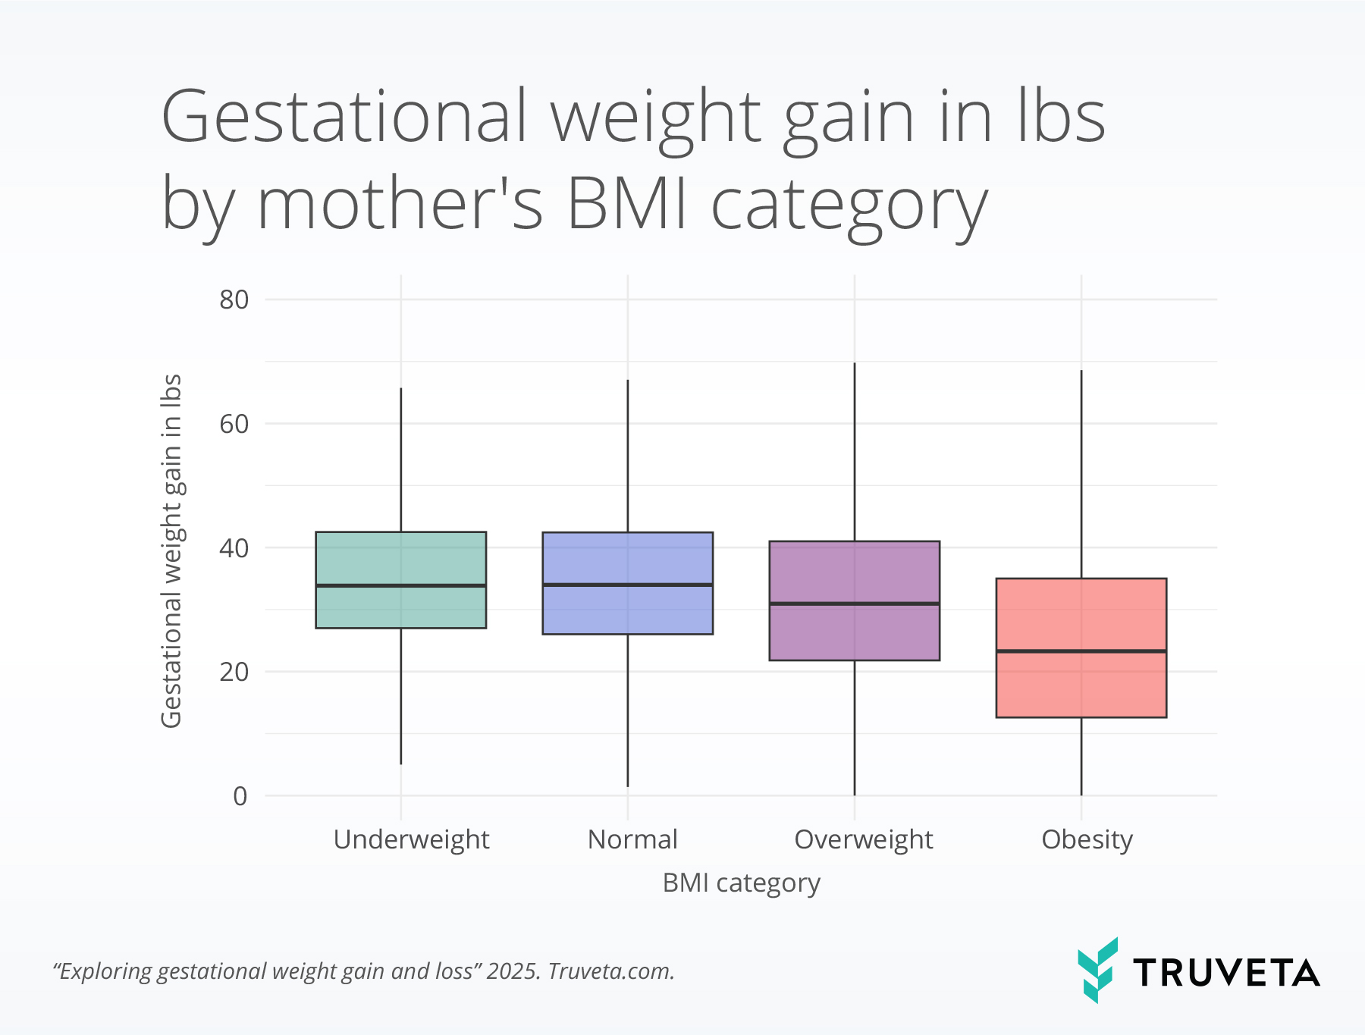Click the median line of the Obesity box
tap(1081, 651)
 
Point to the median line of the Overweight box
tap(854, 604)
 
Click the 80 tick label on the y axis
tap(234, 300)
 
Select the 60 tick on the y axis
tap(234, 424)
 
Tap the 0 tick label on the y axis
tap(240, 796)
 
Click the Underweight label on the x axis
tap(411, 839)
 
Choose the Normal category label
tap(632, 839)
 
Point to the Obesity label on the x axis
tap(1087, 839)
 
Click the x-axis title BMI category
tap(741, 883)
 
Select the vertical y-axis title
tap(171, 550)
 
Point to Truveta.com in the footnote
tap(610, 971)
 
